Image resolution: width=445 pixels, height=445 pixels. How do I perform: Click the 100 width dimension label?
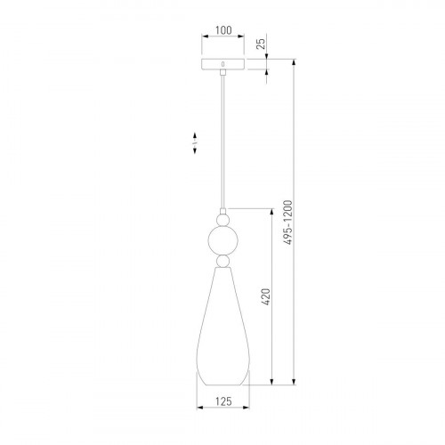point(223,30)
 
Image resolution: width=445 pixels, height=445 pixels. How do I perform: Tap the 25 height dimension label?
point(261,44)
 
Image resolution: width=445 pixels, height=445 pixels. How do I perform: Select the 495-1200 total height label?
point(287,222)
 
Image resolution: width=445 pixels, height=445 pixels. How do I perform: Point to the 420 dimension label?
point(266,296)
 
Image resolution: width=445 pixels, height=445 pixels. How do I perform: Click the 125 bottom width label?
point(223,401)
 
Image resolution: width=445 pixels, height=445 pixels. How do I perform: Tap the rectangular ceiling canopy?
point(222,64)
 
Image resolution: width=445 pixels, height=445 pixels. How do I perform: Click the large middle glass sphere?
point(222,240)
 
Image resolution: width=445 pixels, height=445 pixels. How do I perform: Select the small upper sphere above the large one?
point(222,220)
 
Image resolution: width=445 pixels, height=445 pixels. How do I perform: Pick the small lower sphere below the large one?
point(222,261)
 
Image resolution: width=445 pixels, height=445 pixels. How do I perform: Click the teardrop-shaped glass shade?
point(222,327)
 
